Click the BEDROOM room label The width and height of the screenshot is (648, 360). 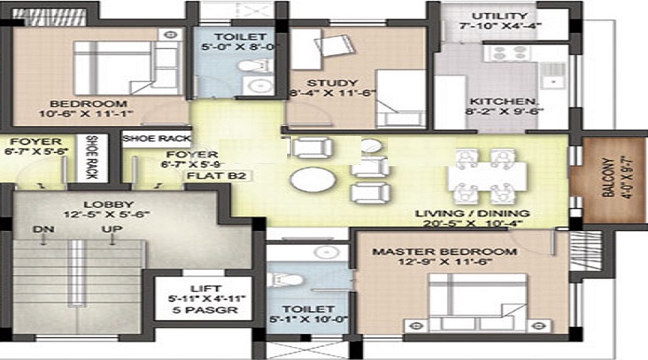[x=99, y=104]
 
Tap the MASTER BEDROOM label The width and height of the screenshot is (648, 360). [x=444, y=252]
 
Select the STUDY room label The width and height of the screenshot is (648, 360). [x=332, y=82]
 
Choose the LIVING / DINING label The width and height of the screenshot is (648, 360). [x=472, y=214]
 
